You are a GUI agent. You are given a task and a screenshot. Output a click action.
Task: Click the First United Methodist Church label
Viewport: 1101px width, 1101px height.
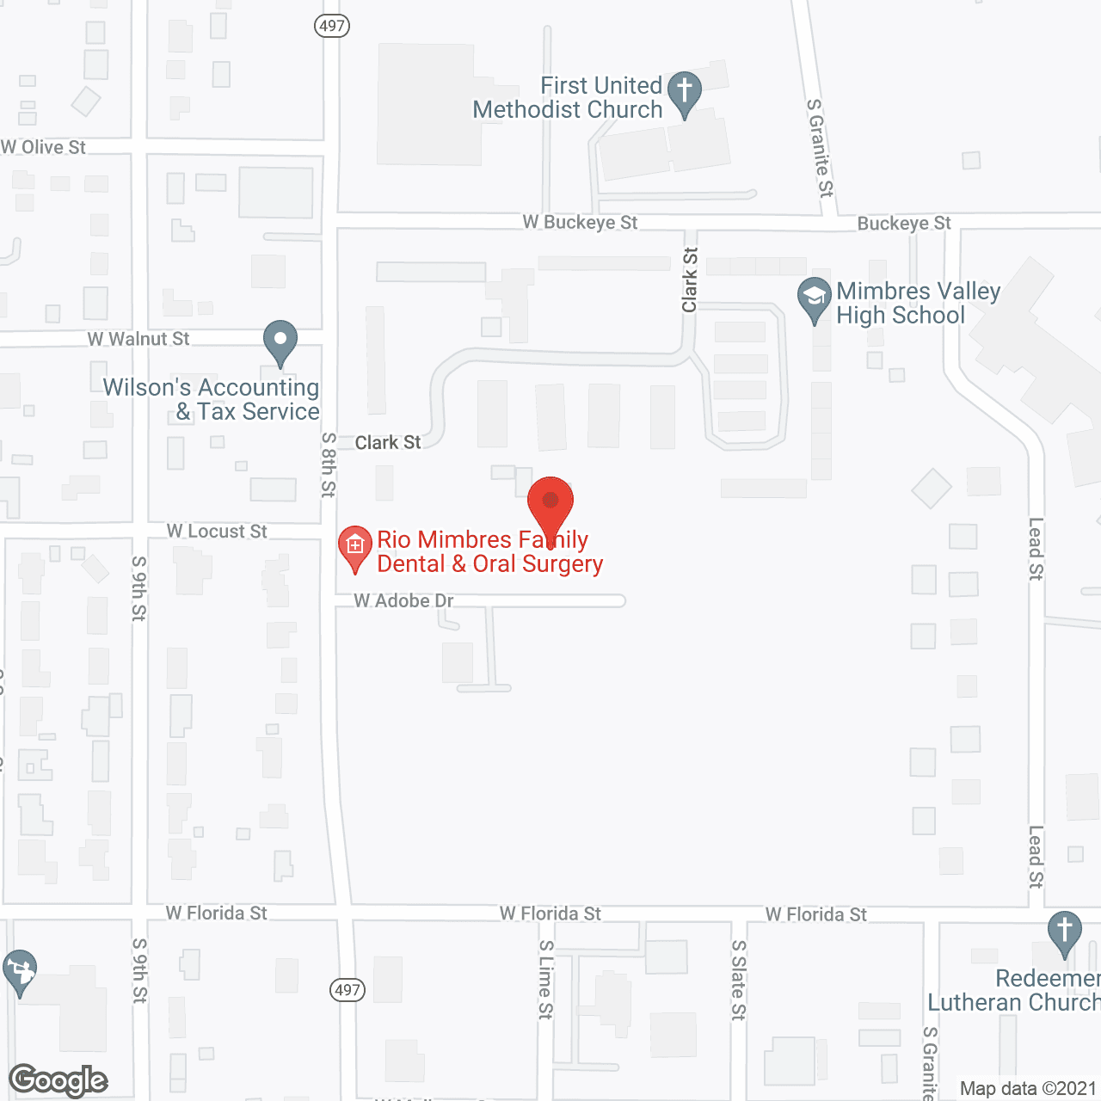tap(568, 98)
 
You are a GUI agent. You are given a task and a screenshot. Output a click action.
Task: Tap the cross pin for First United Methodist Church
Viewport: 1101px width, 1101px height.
tap(685, 91)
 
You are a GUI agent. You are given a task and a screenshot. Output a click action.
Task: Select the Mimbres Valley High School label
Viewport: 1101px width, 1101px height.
tap(918, 304)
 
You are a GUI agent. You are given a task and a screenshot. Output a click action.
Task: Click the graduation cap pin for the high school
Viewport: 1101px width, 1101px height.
tap(814, 298)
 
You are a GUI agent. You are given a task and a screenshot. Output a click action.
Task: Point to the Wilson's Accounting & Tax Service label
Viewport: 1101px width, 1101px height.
tap(212, 400)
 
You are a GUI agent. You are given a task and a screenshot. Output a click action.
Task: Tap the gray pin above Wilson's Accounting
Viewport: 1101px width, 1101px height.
tap(280, 341)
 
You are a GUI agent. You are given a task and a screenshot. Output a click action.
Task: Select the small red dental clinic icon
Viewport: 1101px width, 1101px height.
tap(354, 546)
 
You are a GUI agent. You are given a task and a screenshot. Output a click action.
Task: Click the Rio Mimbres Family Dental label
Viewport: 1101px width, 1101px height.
tap(490, 552)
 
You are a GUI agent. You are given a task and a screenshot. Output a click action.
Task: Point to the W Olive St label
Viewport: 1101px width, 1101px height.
tap(44, 147)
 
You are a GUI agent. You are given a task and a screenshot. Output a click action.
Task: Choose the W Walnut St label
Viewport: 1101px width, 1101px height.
tap(138, 339)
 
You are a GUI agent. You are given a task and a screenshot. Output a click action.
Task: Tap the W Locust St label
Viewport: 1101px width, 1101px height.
tap(217, 532)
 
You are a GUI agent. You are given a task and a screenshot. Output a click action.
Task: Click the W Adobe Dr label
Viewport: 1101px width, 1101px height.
tap(403, 600)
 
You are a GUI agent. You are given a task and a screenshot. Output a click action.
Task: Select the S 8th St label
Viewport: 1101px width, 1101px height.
tap(329, 464)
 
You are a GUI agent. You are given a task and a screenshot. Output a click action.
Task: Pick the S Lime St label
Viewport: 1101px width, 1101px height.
tap(546, 980)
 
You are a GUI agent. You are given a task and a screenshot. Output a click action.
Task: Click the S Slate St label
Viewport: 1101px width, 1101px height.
tap(739, 980)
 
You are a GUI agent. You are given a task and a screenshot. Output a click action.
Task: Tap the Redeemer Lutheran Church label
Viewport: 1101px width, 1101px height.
tap(1014, 990)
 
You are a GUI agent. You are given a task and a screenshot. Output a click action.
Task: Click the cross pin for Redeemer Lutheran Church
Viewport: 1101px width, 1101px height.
tap(1064, 932)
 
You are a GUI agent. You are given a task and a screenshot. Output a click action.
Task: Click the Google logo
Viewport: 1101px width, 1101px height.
tap(58, 1080)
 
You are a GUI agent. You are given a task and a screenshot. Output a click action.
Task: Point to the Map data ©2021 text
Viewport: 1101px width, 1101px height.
tap(1028, 1089)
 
